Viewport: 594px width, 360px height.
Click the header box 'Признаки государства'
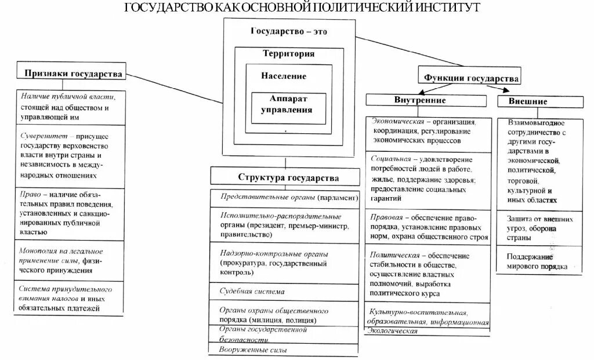coord(73,74)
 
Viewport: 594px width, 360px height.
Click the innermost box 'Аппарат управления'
coord(281,104)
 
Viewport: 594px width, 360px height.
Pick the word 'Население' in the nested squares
coord(283,77)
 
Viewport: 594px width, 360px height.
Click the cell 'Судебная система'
coord(252,292)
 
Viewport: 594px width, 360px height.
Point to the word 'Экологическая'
coord(393,330)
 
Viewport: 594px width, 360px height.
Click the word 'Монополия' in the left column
coord(37,251)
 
